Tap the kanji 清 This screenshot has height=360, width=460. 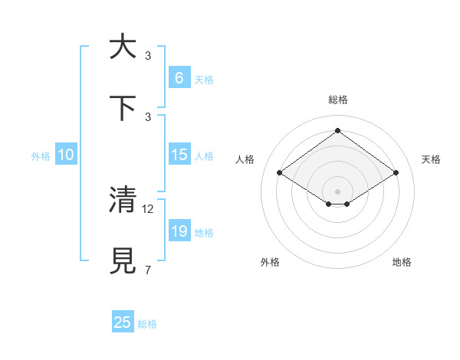click(x=123, y=199)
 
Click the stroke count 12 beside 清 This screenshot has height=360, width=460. click(x=149, y=208)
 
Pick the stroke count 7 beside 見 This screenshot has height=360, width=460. click(x=148, y=270)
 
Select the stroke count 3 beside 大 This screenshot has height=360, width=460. click(x=148, y=55)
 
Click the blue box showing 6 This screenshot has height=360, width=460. click(x=179, y=77)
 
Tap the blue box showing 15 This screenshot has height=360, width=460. click(x=179, y=155)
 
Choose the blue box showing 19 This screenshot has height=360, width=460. click(x=179, y=231)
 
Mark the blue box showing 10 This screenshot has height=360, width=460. click(x=66, y=155)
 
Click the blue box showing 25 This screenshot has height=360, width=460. click(x=123, y=322)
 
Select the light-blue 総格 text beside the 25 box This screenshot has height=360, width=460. click(x=147, y=324)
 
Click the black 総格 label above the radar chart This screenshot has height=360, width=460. click(x=337, y=100)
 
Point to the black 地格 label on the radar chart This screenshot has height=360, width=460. click(x=402, y=262)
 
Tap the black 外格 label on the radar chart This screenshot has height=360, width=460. click(x=270, y=262)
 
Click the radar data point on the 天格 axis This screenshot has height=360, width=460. click(x=396, y=173)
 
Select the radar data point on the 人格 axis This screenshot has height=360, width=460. click(x=280, y=173)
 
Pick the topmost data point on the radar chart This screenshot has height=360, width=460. click(x=337, y=131)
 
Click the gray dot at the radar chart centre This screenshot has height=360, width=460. click(x=337, y=191)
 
